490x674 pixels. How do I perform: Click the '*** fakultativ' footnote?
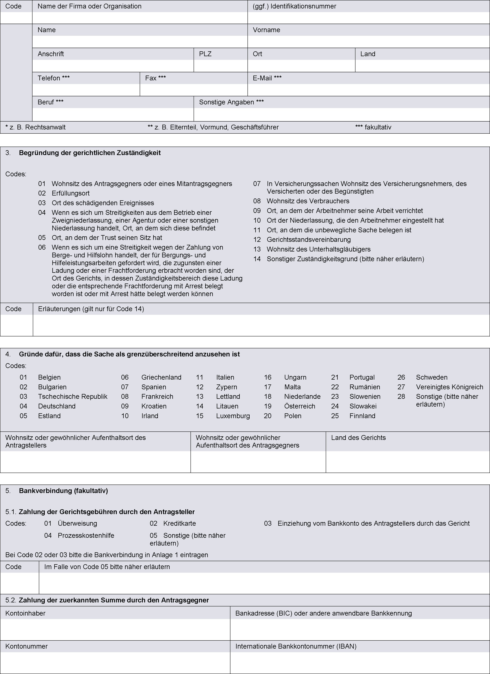373,127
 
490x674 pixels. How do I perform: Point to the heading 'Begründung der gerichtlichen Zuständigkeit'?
90,153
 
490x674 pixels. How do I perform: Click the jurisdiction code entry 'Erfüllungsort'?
71,193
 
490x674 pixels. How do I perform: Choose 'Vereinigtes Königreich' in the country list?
449,387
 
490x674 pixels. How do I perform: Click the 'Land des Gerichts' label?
358,438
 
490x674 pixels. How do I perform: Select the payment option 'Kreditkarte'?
179,523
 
